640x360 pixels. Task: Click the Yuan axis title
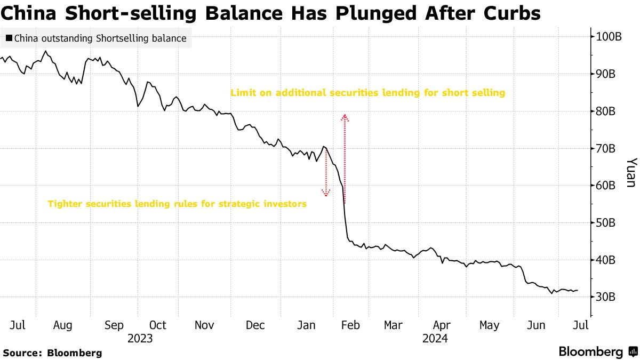(x=630, y=172)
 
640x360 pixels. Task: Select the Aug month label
(x=63, y=325)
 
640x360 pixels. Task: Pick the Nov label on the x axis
(x=205, y=325)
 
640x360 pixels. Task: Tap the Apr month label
(x=442, y=325)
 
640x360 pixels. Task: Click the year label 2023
(x=140, y=339)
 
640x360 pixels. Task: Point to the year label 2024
(x=435, y=339)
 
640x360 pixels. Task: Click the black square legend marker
(x=9, y=38)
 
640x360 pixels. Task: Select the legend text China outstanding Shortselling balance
(x=100, y=38)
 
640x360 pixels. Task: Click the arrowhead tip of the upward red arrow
(x=345, y=116)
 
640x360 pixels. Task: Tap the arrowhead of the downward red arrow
(x=326, y=194)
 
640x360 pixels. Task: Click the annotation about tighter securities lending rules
(x=177, y=204)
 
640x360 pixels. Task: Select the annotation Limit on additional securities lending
(x=367, y=93)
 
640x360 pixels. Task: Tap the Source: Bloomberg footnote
(x=52, y=353)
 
